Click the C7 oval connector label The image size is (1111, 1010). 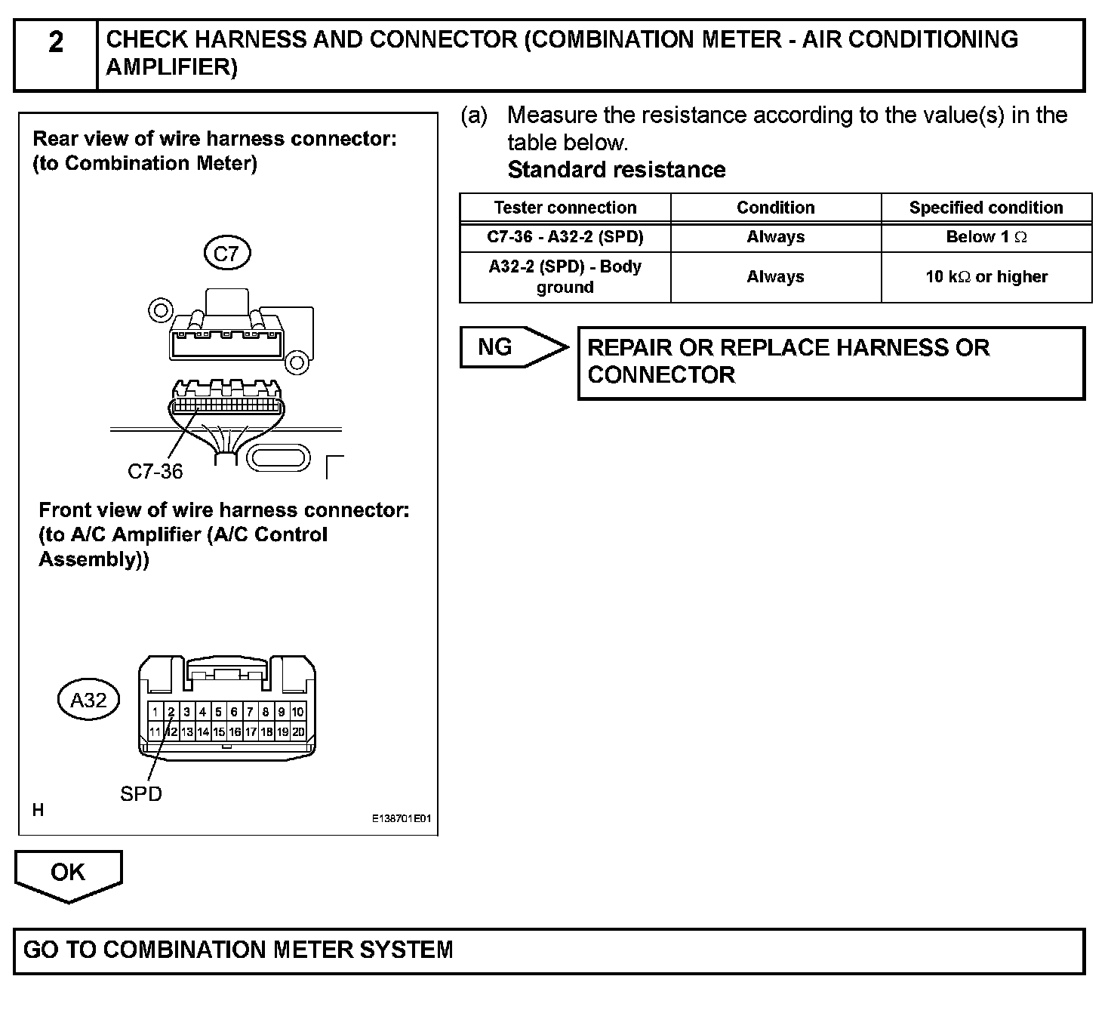tap(226, 254)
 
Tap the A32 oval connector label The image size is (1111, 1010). tap(88, 700)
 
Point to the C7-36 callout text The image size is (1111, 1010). tap(155, 472)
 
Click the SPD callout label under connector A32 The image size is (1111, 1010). tap(141, 793)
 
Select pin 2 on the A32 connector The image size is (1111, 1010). tap(171, 712)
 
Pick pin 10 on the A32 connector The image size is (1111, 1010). tap(297, 712)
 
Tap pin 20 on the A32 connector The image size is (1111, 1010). tap(297, 731)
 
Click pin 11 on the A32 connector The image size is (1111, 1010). tap(155, 731)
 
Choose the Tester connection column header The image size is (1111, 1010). tap(565, 208)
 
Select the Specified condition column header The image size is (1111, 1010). tap(986, 208)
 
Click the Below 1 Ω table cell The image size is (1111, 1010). tap(986, 237)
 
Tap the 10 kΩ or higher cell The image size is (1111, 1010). tap(986, 277)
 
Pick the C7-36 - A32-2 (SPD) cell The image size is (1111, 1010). tap(565, 237)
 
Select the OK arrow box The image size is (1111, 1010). tap(68, 873)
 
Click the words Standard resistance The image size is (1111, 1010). tap(616, 170)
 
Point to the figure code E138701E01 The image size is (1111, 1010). tap(401, 818)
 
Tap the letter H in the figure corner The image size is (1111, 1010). tap(38, 810)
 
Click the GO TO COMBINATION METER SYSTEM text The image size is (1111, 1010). tap(239, 950)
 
